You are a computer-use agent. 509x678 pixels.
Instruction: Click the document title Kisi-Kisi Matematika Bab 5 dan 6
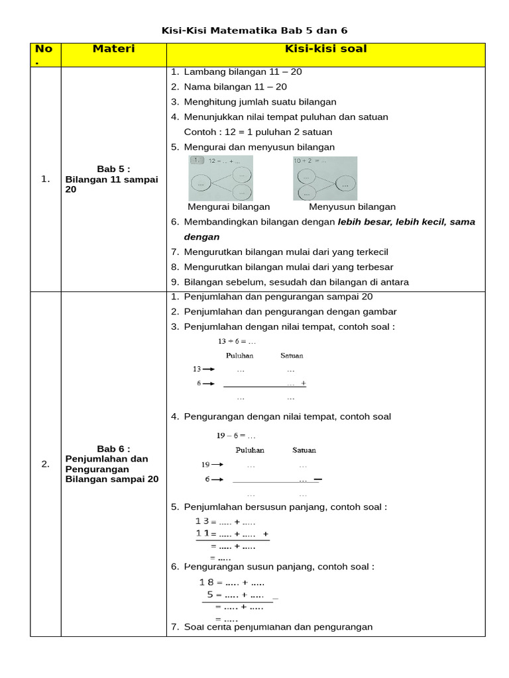pyautogui.click(x=254, y=30)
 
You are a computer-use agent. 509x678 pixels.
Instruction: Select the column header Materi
pyautogui.click(x=113, y=49)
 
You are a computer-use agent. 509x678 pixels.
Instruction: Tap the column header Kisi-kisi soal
pyautogui.click(x=325, y=49)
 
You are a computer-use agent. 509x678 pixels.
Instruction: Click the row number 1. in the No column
pyautogui.click(x=45, y=179)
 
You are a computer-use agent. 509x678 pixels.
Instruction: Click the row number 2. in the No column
pyautogui.click(x=45, y=463)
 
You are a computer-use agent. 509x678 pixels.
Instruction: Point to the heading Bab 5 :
pyautogui.click(x=113, y=169)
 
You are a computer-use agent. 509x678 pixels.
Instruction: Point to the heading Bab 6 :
pyautogui.click(x=113, y=448)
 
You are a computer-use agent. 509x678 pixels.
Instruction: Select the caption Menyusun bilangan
pyautogui.click(x=352, y=207)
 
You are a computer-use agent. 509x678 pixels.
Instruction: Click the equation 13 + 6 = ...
pyautogui.click(x=237, y=342)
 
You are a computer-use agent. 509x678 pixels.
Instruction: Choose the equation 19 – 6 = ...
pyautogui.click(x=236, y=436)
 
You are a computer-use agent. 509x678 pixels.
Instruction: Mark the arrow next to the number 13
pyautogui.click(x=209, y=369)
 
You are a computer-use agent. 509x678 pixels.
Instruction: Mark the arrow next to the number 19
pyautogui.click(x=217, y=465)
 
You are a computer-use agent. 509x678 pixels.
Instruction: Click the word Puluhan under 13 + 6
pyautogui.click(x=239, y=356)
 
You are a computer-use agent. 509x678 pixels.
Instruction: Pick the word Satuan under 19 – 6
pyautogui.click(x=304, y=450)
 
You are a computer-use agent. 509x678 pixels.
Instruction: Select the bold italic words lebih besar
pyautogui.click(x=363, y=222)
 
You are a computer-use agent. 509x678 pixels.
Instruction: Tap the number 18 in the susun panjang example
pyautogui.click(x=206, y=582)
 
